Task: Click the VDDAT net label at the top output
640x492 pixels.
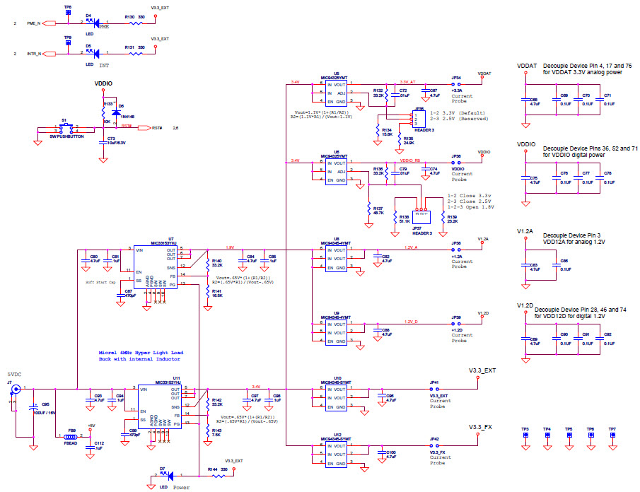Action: click(x=485, y=73)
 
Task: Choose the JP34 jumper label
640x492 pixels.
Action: click(x=455, y=78)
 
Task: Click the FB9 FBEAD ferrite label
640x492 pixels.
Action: click(x=71, y=432)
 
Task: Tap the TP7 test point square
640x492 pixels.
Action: click(x=612, y=437)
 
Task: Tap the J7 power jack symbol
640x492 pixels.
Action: click(x=12, y=389)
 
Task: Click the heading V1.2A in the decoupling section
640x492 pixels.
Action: click(x=525, y=232)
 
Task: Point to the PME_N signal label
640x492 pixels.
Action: click(x=34, y=23)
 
